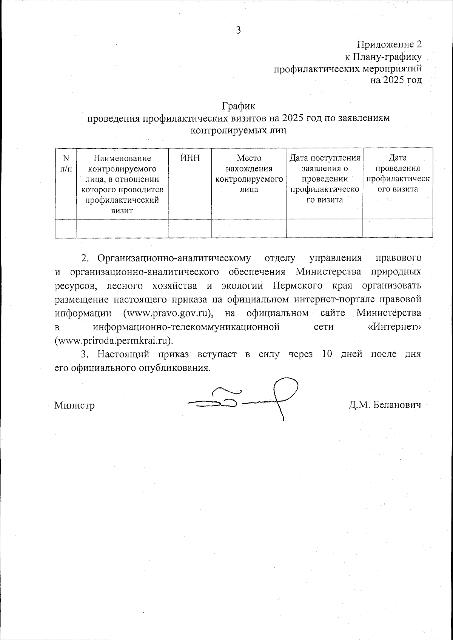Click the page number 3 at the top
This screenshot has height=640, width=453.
[238, 30]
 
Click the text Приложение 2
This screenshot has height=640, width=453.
[389, 45]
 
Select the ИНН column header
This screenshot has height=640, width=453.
[190, 159]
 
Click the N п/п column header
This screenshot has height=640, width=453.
[66, 163]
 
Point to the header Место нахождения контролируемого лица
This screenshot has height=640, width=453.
[249, 174]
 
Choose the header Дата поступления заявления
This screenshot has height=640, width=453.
[325, 179]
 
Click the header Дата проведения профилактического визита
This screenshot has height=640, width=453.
[398, 174]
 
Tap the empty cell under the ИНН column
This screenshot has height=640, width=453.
[190, 228]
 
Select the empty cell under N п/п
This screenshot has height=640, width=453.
[66, 228]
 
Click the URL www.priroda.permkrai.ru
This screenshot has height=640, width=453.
[114, 341]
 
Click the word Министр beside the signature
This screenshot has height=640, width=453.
[74, 406]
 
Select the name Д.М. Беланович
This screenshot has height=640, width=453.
[385, 405]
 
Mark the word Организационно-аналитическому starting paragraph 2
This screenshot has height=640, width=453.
[174, 258]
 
